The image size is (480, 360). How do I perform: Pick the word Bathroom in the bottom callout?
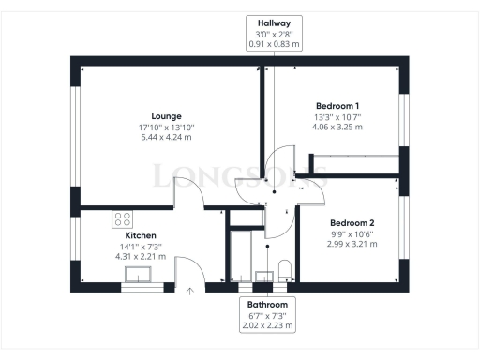click(x=266, y=306)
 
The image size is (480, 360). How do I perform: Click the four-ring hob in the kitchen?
click(x=123, y=219)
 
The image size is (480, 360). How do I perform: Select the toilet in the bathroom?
click(x=288, y=273)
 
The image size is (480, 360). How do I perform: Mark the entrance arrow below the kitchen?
click(x=190, y=292)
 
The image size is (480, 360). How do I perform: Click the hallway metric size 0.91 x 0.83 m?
click(x=273, y=42)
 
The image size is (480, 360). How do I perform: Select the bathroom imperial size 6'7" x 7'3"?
click(x=266, y=316)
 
